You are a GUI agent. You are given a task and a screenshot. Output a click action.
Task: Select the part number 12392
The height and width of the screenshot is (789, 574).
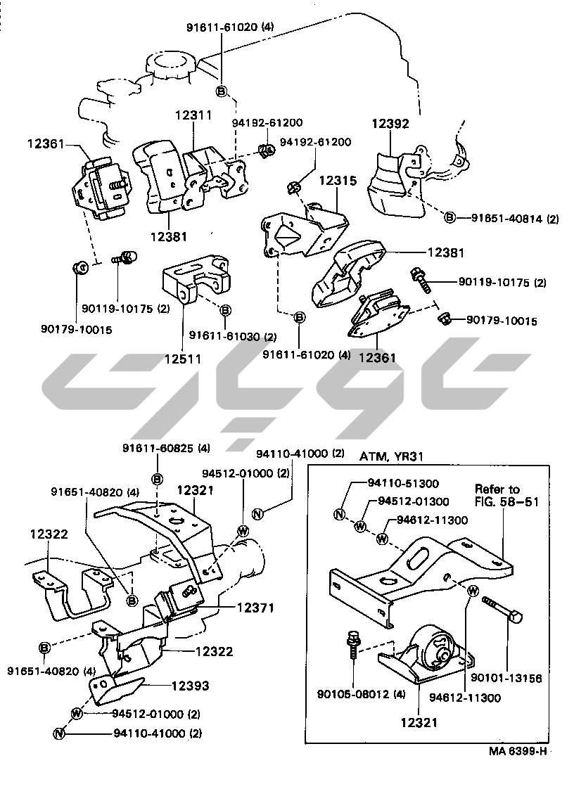pyautogui.click(x=390, y=124)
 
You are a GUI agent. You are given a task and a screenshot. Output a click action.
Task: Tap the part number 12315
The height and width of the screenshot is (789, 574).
pyautogui.click(x=338, y=181)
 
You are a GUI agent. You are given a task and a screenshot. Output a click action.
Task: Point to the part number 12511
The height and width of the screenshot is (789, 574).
pyautogui.click(x=183, y=359)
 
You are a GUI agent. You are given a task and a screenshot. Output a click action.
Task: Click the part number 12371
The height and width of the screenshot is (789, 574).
pyautogui.click(x=255, y=607)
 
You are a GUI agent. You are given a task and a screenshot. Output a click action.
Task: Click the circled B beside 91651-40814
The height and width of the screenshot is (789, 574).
pyautogui.click(x=449, y=218)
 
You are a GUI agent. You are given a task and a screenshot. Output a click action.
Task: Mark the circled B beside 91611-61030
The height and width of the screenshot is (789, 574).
pyautogui.click(x=226, y=310)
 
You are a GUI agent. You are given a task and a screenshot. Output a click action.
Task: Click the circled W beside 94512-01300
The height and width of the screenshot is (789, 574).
pyautogui.click(x=360, y=526)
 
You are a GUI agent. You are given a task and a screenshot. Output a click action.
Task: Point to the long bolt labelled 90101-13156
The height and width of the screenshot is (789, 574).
pyautogui.click(x=504, y=609)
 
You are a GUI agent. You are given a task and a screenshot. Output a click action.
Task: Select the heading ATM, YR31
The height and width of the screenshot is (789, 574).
pyautogui.click(x=392, y=456)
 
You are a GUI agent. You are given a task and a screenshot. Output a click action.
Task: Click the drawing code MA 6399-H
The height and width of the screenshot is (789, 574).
pyautogui.click(x=518, y=750)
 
